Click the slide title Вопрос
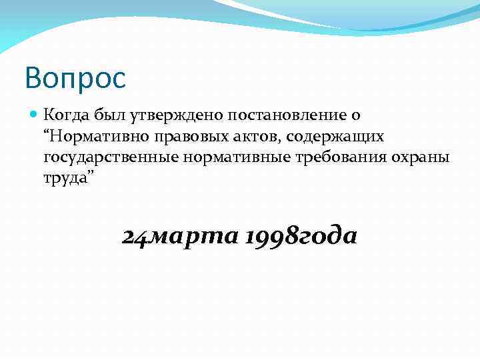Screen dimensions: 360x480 point(75,78)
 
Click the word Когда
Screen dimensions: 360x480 point(65,115)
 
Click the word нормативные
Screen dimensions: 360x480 point(230,158)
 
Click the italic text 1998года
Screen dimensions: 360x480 point(301,237)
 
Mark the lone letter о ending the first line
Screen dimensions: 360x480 point(356,116)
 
